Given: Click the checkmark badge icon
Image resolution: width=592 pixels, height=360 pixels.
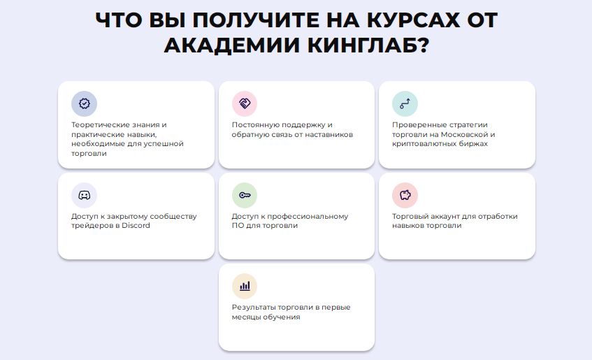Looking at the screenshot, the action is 84,103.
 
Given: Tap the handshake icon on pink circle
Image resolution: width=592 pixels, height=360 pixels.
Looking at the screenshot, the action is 245,103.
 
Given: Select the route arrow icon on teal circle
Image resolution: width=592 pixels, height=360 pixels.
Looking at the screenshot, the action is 405,103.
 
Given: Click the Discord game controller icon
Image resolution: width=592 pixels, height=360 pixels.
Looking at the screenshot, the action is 84,195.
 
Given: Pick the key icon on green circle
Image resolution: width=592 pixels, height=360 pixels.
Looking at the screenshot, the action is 245,195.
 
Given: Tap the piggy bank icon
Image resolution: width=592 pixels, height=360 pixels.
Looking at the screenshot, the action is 405,195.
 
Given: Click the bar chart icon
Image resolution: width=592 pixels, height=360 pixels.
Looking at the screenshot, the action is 245,286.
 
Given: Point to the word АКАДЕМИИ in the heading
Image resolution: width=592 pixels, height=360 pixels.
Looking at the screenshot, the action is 233,45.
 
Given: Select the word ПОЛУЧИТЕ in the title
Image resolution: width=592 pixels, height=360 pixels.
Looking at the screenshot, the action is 257,20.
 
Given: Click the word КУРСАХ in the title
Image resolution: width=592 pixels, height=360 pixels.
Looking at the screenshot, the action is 414,20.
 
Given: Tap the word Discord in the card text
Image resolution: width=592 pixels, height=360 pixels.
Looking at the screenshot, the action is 136,226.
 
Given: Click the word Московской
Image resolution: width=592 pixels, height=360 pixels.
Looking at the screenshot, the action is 464,134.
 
